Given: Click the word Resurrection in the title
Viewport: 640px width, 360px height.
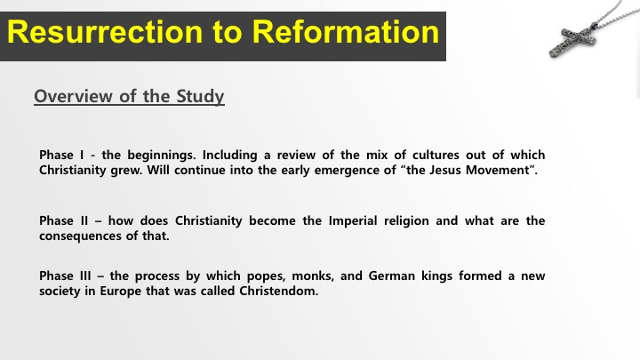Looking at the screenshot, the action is tap(105, 32).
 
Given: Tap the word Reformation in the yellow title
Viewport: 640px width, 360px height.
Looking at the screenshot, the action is tap(345, 32).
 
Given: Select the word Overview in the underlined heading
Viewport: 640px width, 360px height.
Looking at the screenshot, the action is tap(73, 96).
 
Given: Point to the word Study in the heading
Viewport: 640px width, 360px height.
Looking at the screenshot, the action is tap(200, 97).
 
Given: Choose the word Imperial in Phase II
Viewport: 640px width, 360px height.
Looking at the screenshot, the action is tap(353, 220).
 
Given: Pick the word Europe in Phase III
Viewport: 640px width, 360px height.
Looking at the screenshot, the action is tap(121, 292).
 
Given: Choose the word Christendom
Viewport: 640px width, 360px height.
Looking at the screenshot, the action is tap(279, 291).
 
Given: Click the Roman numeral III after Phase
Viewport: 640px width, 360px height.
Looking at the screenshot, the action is tap(85, 276).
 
